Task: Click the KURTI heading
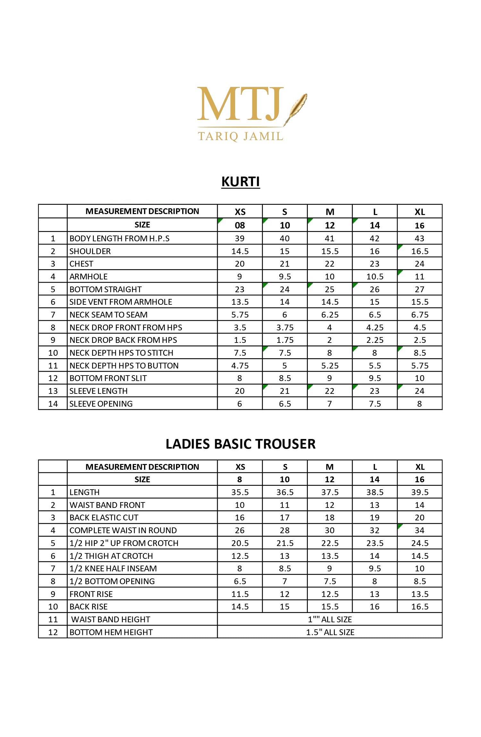point(240,182)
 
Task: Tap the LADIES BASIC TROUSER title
point(240,444)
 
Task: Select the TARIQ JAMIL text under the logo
point(240,137)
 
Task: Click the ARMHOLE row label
point(89,277)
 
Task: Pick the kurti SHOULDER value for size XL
point(420,251)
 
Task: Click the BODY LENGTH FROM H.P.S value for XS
point(240,238)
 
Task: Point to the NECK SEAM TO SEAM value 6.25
point(330,315)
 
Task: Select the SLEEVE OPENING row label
point(101,404)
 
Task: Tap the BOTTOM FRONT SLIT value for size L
point(375,378)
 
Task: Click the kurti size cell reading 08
point(240,225)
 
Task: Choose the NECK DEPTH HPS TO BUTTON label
point(124,366)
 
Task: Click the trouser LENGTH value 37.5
point(330,492)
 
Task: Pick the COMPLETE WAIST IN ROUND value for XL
point(420,530)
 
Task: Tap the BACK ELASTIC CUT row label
point(104,518)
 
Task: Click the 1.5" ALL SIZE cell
point(330,632)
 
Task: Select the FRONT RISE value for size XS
point(240,594)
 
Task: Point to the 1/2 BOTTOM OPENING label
point(112,581)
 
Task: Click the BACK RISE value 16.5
point(420,607)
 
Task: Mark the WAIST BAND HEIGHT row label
point(111,619)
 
